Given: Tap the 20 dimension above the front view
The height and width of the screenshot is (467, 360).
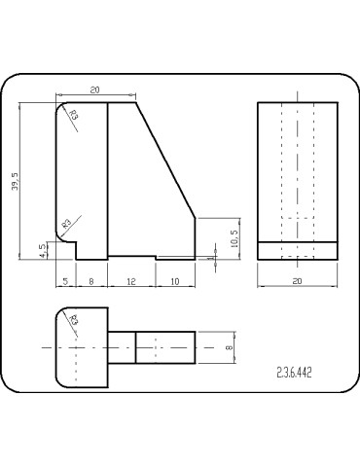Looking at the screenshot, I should pyautogui.click(x=93, y=90).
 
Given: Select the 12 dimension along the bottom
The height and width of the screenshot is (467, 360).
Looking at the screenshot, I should pyautogui.click(x=132, y=281).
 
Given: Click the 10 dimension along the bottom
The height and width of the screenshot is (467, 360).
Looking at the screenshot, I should pyautogui.click(x=175, y=281).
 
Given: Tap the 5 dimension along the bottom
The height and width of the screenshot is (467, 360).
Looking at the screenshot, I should pyautogui.click(x=65, y=281).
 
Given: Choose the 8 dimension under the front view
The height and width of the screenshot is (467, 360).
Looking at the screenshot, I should pyautogui.click(x=91, y=281).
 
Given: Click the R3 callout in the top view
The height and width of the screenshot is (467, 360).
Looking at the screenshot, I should pyautogui.click(x=74, y=320).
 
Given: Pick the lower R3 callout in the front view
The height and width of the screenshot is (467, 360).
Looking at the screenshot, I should pyautogui.click(x=67, y=223).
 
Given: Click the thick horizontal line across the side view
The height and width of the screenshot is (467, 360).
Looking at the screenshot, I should pyautogui.click(x=297, y=240).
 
